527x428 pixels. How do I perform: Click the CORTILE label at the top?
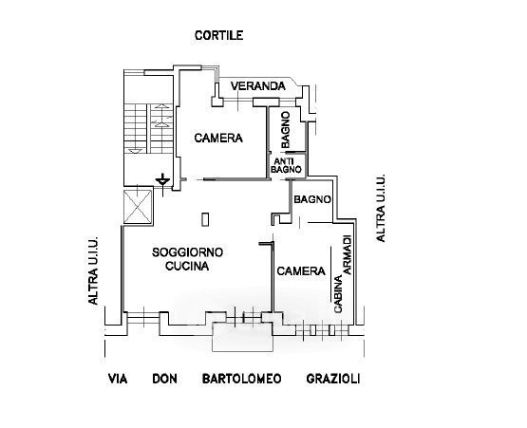coord(218,35)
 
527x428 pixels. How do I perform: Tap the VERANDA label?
coord(258,86)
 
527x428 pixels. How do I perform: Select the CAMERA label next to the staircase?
coord(218,138)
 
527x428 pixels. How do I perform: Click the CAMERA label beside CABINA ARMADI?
coord(301,271)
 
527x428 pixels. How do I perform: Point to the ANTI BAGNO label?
coord(286,166)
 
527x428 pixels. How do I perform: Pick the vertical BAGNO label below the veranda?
coord(286,130)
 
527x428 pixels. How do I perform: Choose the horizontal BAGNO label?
coord(312,199)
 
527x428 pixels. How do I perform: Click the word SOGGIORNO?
coord(187,252)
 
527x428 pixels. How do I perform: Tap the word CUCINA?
coord(187,266)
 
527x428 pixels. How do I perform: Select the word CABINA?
coord(338,294)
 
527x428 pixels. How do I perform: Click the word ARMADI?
coord(348,254)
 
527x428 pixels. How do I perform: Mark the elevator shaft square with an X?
coord(138,207)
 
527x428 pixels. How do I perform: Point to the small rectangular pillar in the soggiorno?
coord(205,219)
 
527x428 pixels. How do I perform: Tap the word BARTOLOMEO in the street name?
coord(241,379)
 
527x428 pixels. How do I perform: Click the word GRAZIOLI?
coord(333,379)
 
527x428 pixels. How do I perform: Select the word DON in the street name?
coord(164,379)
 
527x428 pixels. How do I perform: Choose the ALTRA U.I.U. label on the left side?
coord(93,270)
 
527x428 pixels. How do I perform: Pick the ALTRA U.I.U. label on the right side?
coord(381,208)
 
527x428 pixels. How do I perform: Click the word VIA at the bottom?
coord(118,379)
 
